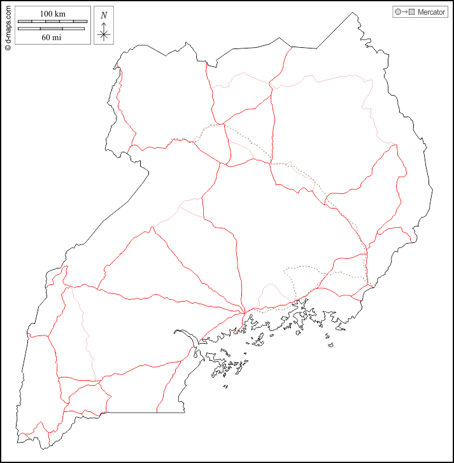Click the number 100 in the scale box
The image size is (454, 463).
point(46,14)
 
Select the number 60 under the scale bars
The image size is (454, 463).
point(46,37)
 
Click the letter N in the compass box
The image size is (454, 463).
point(104,15)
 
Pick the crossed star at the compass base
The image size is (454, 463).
point(104,34)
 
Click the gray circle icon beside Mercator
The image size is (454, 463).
point(398,12)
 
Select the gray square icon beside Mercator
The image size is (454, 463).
point(412,12)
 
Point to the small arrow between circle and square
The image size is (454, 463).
point(405,12)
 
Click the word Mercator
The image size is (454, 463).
point(431,12)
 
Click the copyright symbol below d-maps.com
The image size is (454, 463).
point(8,47)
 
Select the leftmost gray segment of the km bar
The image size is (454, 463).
point(25,22)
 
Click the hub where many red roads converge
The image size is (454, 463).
point(246,312)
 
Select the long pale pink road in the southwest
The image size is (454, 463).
point(84,332)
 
